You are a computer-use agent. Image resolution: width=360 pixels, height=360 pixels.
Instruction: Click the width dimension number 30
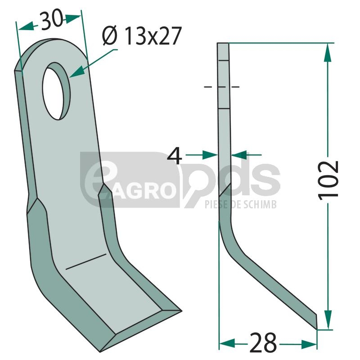click(51, 20)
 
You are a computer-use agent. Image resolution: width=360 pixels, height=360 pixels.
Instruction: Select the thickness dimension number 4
click(175, 156)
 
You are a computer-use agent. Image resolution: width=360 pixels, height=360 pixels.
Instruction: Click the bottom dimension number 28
click(263, 343)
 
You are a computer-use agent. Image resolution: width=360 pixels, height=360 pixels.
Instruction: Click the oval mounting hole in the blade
click(57, 91)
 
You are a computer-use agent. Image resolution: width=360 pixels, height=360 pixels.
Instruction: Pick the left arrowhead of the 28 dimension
click(227, 343)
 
